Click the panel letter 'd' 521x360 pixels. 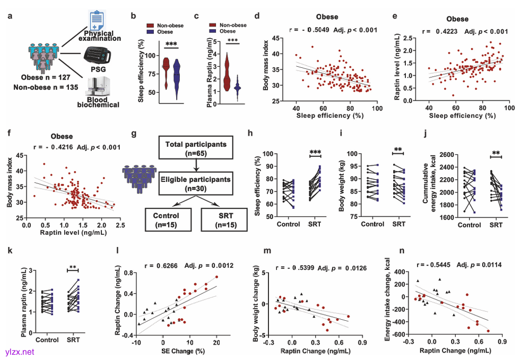(x=257, y=16)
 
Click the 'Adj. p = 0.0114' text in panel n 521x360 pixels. (x=475, y=264)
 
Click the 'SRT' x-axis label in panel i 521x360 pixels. (x=399, y=224)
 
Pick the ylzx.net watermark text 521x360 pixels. (x=18, y=351)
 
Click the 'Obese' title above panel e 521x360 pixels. (x=457, y=19)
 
